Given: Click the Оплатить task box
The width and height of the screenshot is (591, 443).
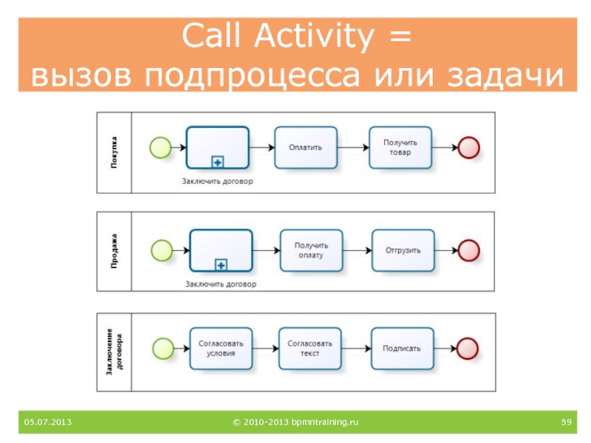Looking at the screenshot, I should click(x=306, y=148).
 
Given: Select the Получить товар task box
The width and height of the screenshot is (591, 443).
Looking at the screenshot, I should click(x=400, y=148).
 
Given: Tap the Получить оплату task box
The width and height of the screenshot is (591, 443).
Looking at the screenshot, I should click(x=311, y=250).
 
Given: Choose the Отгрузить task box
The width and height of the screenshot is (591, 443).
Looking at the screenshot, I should click(x=403, y=250).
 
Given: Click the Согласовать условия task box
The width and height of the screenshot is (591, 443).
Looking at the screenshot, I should click(x=221, y=348).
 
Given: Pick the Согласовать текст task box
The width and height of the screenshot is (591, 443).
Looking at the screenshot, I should click(x=310, y=348).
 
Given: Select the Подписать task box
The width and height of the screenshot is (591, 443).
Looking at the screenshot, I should click(x=402, y=348).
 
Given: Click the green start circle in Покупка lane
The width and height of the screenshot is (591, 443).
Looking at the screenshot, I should click(x=160, y=148).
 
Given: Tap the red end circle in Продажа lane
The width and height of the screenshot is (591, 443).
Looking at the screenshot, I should click(x=468, y=250).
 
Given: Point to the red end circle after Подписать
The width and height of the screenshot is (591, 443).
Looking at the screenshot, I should click(x=468, y=348).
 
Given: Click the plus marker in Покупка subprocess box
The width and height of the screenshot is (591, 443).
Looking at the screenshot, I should click(x=217, y=162).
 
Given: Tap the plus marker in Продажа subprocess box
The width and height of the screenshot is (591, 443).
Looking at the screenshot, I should click(x=220, y=264).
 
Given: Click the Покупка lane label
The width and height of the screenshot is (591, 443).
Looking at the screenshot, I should click(x=115, y=151).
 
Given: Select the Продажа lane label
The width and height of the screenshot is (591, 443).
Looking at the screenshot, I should click(x=115, y=251).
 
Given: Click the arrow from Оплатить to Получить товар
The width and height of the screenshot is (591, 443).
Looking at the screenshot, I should click(x=353, y=148).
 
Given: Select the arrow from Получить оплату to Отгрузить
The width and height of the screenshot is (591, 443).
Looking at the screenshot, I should click(x=357, y=250).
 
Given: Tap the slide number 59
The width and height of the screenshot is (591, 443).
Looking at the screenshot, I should click(x=567, y=422).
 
